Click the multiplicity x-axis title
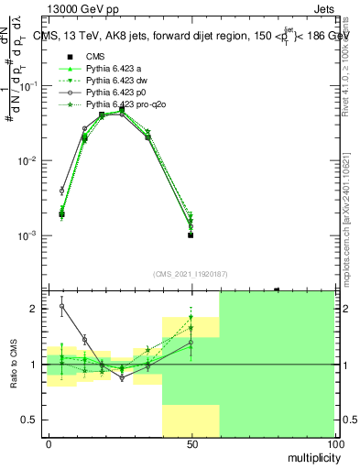pos(309,455)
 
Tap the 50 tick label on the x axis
pos(191,442)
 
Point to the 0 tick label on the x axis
pos(49,442)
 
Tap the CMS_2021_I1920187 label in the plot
pos(191,272)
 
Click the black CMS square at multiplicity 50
pos(191,234)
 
